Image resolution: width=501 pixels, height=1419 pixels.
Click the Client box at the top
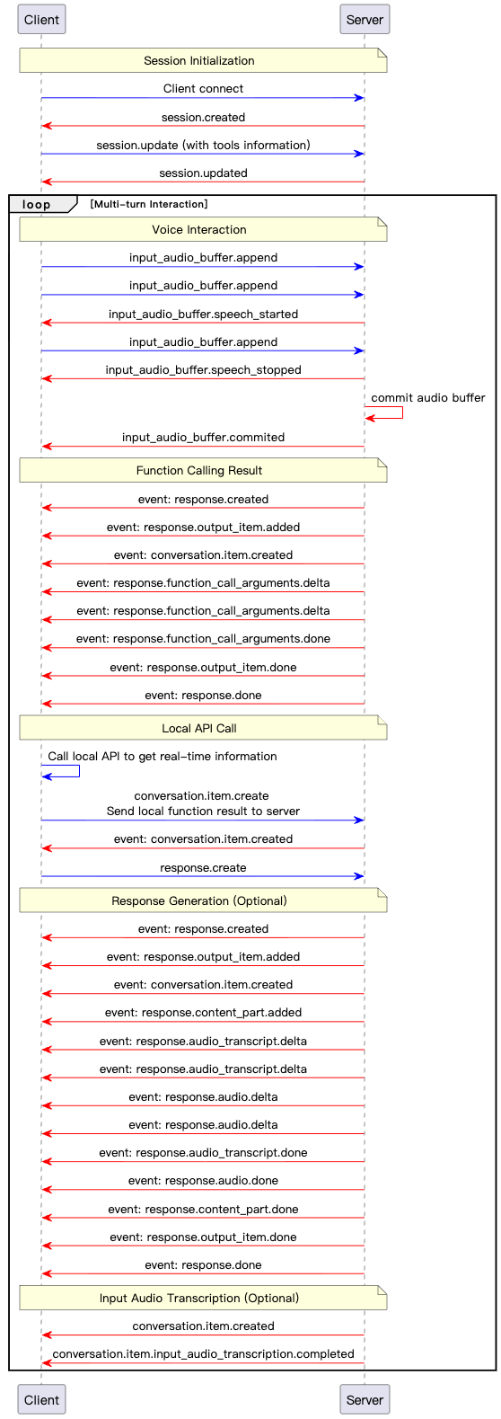point(41,19)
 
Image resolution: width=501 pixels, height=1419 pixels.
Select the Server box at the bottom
point(365,1399)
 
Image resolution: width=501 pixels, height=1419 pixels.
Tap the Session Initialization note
point(203,60)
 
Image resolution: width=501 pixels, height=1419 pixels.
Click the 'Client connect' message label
point(203,89)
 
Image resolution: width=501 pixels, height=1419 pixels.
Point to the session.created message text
point(203,117)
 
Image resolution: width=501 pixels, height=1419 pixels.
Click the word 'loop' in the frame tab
point(36,204)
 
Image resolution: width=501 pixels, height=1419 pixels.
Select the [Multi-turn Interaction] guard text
point(149,204)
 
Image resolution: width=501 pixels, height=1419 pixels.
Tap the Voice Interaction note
point(203,229)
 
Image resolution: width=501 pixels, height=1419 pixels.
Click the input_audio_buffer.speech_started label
point(203,315)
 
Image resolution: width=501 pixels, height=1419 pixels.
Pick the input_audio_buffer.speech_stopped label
point(203,370)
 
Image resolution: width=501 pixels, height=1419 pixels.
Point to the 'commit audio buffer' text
point(428,398)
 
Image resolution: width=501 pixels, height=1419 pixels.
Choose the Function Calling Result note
point(203,470)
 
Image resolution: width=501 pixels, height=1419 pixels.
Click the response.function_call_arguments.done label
point(203,639)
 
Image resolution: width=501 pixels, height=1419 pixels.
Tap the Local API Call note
point(203,728)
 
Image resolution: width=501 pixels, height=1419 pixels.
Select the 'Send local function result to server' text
point(203,811)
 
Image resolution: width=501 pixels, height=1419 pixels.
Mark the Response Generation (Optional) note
point(203,900)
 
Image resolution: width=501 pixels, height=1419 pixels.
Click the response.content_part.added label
point(203,1012)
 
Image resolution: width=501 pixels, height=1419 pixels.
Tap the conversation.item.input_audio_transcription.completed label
point(203,1353)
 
